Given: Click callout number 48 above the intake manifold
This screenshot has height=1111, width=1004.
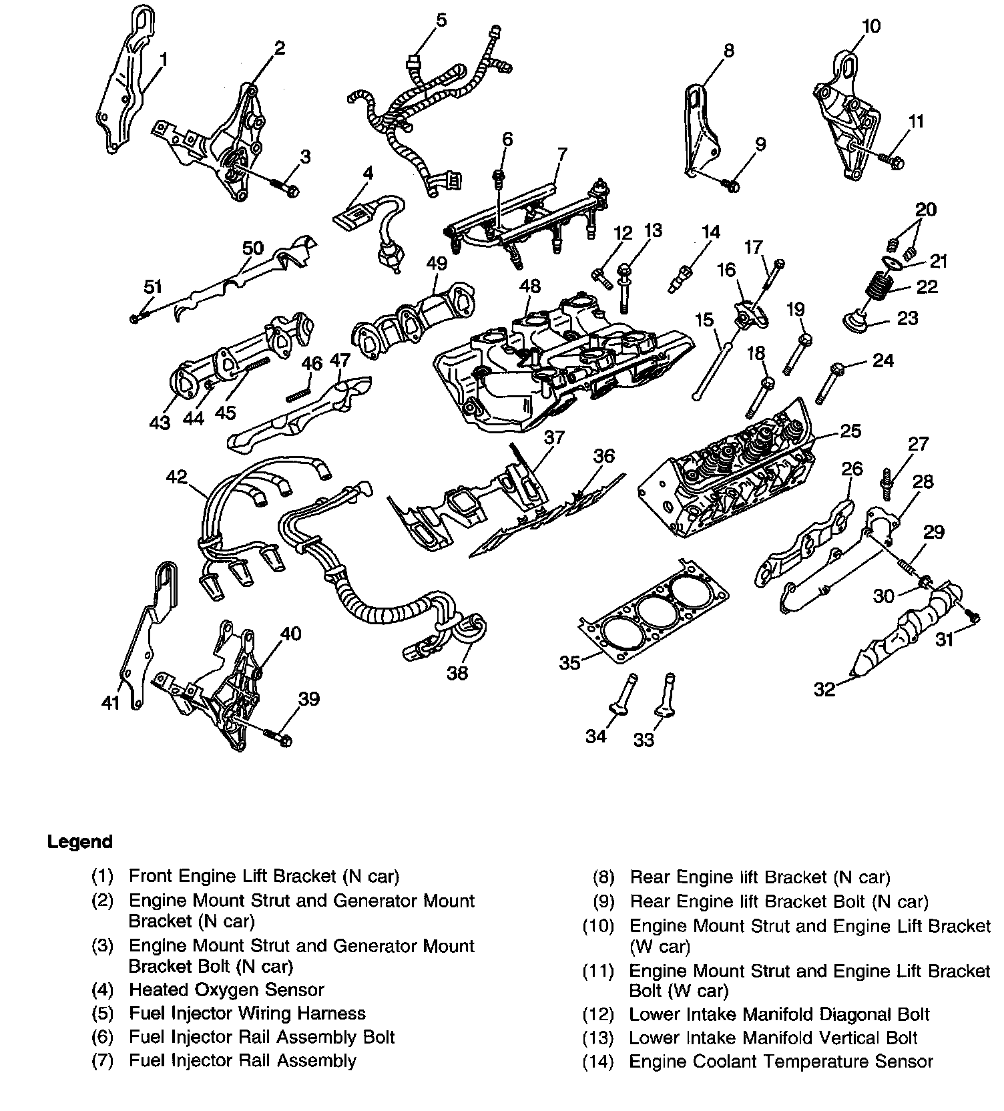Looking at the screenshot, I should [x=530, y=286].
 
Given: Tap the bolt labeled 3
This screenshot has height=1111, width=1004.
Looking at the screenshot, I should [x=286, y=188].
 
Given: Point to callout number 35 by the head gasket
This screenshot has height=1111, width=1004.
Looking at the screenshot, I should [x=569, y=662].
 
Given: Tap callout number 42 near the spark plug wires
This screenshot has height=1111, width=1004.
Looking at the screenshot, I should [x=177, y=477].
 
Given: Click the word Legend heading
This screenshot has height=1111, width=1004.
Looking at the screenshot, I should [x=80, y=841].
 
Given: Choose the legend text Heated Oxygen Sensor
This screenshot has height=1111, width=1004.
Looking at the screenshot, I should [x=226, y=989].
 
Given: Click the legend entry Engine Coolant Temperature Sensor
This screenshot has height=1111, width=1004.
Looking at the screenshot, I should [x=780, y=1061].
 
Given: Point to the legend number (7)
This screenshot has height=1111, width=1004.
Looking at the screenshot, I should [x=101, y=1060].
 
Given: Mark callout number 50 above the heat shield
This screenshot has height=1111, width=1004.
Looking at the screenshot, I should [x=252, y=248].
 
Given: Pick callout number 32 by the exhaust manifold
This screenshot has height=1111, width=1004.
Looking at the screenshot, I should [x=824, y=688].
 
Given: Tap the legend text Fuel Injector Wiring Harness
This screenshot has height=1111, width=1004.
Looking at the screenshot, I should [x=247, y=1014].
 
